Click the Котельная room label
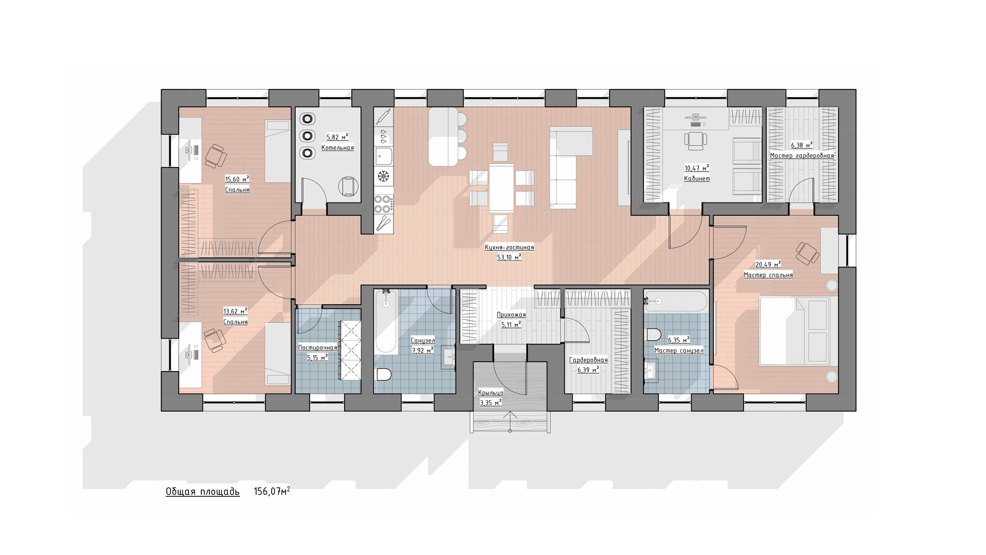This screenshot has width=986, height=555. (337, 148)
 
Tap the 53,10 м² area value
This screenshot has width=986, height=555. (509, 257)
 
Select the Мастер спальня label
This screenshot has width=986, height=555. (768, 275)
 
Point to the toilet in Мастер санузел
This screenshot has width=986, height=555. (653, 335)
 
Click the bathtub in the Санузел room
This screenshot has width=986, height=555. (386, 322)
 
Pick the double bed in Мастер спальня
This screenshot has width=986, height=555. (794, 331)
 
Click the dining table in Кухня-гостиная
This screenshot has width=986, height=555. (501, 188)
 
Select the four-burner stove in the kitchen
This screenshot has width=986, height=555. (383, 204)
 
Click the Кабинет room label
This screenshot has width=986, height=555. (697, 179)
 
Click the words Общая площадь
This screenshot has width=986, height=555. (202, 492)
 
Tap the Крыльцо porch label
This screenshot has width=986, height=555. (490, 393)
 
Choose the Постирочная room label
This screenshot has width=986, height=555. (317, 348)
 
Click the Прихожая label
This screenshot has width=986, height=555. (511, 315)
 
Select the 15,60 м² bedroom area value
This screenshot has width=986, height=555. (237, 179)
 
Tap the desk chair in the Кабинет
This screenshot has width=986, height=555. (695, 139)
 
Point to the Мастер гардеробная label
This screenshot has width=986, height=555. (802, 156)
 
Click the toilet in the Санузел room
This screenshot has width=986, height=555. (384, 375)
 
